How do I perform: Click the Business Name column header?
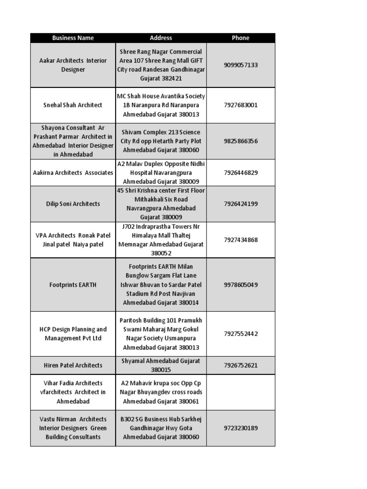73,38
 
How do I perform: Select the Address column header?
161,38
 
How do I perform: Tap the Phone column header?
240,38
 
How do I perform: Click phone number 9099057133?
240,65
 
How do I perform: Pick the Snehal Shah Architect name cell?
73,105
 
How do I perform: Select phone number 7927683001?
240,105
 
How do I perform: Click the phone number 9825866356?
240,141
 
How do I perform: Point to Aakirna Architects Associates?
73,172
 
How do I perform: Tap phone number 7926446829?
240,172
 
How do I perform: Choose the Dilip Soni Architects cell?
73,204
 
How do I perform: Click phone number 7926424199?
240,204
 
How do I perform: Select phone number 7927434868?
240,240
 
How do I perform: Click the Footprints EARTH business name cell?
73,285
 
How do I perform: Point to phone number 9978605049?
240,285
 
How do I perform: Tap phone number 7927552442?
240,334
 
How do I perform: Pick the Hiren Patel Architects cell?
73,365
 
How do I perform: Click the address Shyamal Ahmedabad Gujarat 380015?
161,365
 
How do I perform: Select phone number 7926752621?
240,365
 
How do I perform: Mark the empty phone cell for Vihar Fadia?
240,392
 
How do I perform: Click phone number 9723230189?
240,428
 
